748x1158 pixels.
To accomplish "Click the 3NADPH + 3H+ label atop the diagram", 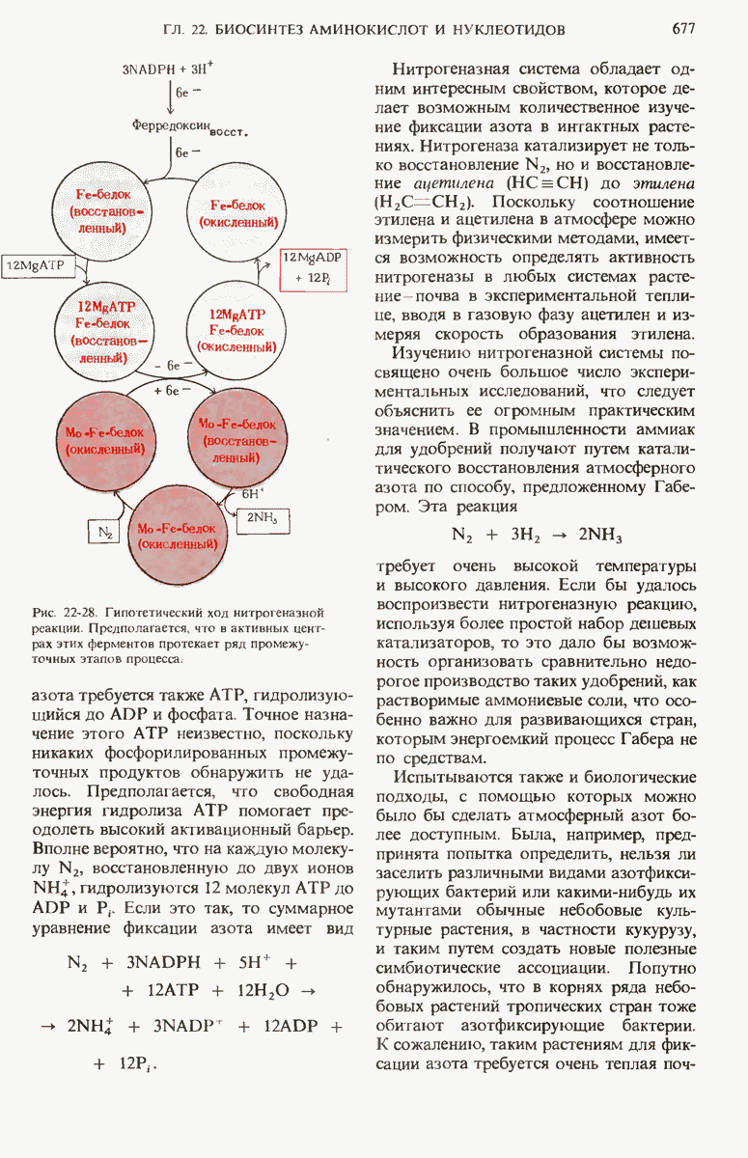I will (170, 70).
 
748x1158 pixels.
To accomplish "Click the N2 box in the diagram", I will (103, 532).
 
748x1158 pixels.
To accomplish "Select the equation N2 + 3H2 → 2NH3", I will (537, 536).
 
